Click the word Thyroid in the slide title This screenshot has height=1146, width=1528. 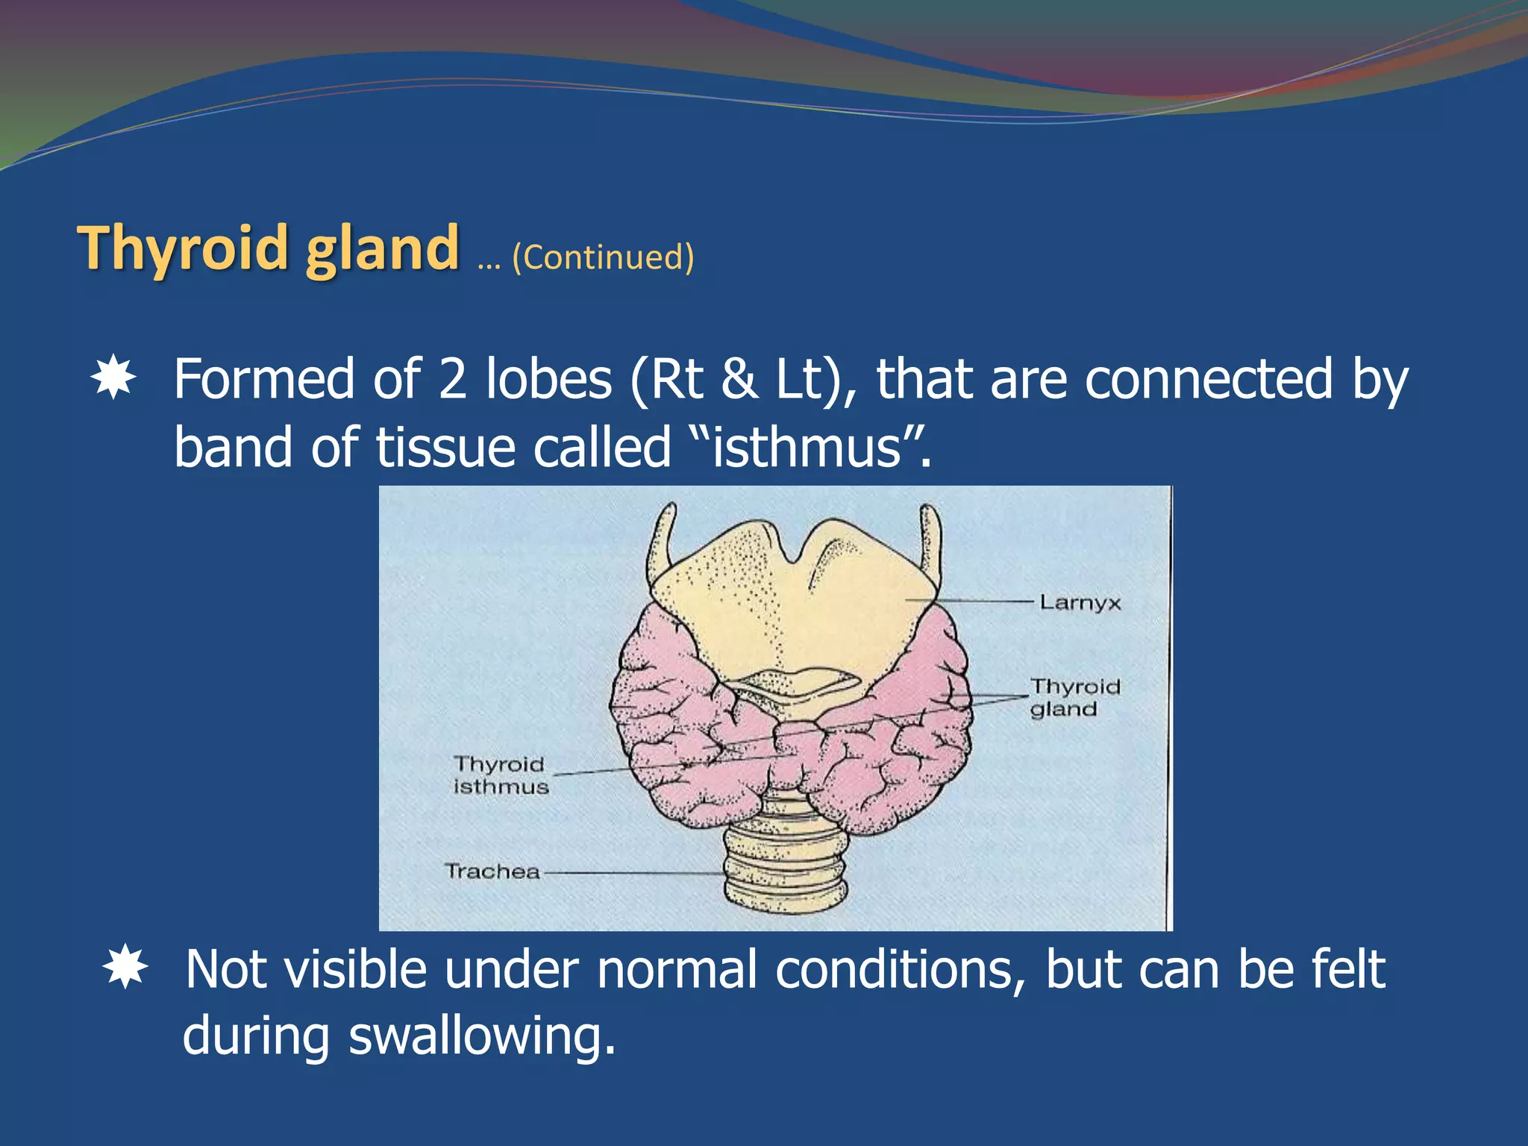(x=182, y=248)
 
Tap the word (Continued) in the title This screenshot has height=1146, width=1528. (x=603, y=257)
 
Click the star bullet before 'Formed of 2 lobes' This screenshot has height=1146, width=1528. (x=113, y=378)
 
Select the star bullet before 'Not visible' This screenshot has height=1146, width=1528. (x=125, y=968)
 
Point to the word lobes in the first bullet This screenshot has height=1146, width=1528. (x=548, y=379)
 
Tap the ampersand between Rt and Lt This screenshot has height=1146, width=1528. (x=739, y=379)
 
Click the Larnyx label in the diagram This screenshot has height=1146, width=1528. (x=1080, y=603)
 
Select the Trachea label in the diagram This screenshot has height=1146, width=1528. (x=492, y=871)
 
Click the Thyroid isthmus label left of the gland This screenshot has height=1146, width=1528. (x=501, y=775)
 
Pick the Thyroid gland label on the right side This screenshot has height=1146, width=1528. (x=1074, y=698)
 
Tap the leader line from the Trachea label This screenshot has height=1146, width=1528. (x=634, y=872)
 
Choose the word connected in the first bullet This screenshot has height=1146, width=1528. (x=1209, y=379)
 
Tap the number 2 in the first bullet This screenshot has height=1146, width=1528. (x=453, y=379)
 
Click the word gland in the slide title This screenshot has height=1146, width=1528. (x=382, y=248)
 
